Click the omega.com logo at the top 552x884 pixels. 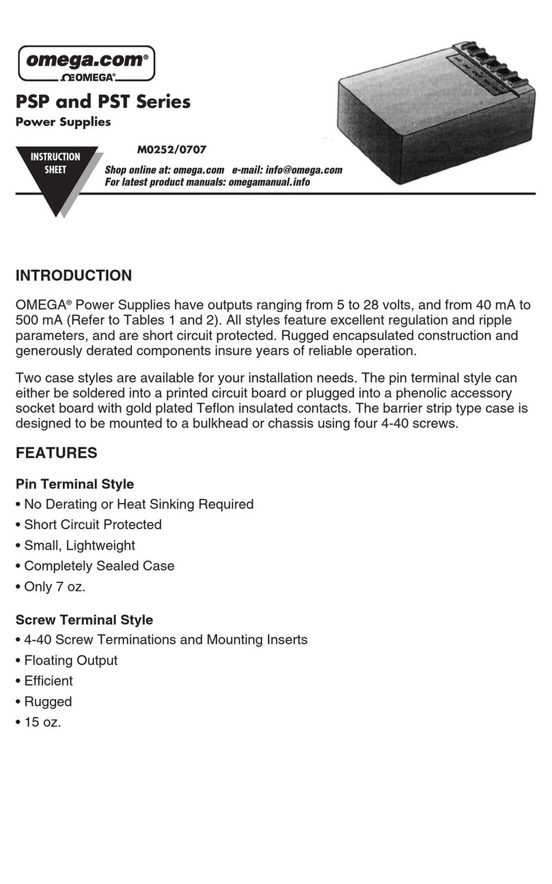pyautogui.click(x=86, y=62)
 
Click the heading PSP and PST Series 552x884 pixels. pyautogui.click(x=103, y=102)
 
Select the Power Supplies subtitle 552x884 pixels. pyautogui.click(x=63, y=122)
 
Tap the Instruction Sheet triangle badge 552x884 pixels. pyautogui.click(x=56, y=171)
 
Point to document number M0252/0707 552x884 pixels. pyautogui.click(x=172, y=149)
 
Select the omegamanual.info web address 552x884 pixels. pyautogui.click(x=268, y=182)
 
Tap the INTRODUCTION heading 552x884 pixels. pyautogui.click(x=74, y=276)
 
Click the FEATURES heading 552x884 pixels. pyautogui.click(x=56, y=453)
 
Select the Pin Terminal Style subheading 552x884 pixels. pyautogui.click(x=74, y=484)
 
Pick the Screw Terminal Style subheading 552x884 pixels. pyautogui.click(x=84, y=620)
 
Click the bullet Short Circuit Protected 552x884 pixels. pyautogui.click(x=92, y=524)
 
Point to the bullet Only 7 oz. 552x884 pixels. pyautogui.click(x=54, y=586)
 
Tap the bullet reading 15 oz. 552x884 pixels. pyautogui.click(x=42, y=722)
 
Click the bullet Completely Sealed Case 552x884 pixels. pyautogui.click(x=99, y=565)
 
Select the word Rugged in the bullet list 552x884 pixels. pyautogui.click(x=48, y=701)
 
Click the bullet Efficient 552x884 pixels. pyautogui.click(x=48, y=681)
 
